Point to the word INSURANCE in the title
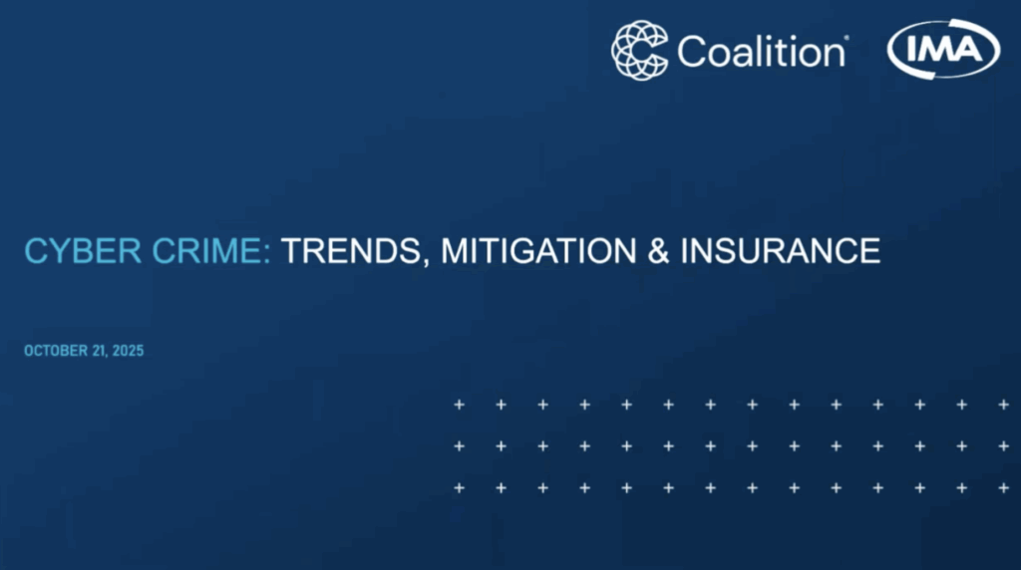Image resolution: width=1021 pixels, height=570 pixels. [x=780, y=250]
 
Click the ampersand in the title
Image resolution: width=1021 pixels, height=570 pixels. [x=656, y=250]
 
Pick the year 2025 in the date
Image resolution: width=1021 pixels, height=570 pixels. [x=127, y=351]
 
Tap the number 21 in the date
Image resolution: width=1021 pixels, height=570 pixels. [x=98, y=351]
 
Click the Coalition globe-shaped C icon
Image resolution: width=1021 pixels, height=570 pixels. [x=640, y=50]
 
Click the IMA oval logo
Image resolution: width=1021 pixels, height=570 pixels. [x=944, y=50]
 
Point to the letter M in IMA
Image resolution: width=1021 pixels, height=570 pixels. [x=942, y=49]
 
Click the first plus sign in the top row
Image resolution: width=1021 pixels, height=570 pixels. [x=459, y=405]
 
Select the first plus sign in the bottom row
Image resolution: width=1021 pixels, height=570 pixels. [x=459, y=487]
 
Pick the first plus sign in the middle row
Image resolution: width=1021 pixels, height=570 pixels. [x=459, y=445]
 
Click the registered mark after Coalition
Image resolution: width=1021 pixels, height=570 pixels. [x=847, y=39]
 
